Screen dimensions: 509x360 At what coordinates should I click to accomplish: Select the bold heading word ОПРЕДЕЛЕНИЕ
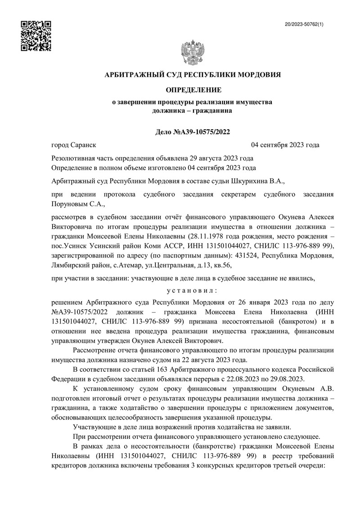coord(192,90)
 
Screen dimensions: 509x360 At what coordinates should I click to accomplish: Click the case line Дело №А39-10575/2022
coord(192,132)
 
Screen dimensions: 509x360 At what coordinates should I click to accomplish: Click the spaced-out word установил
coord(193,289)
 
